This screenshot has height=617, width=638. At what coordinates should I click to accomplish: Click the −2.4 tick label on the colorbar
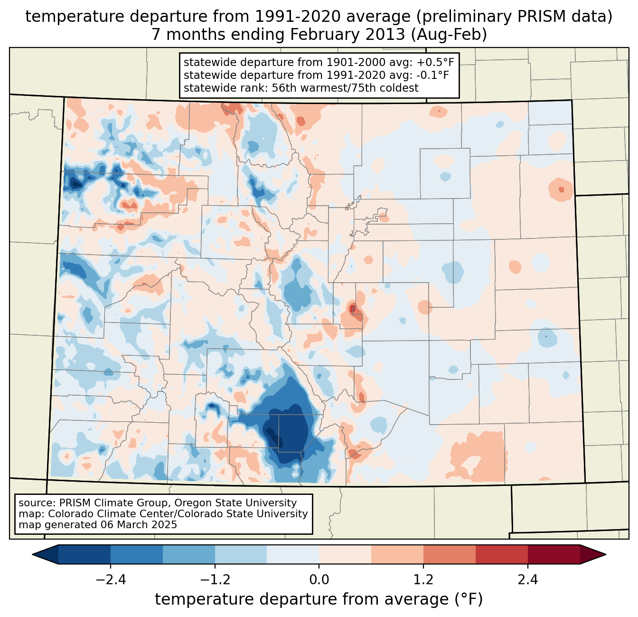coord(111,580)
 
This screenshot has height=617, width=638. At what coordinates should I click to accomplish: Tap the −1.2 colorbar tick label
coord(215,580)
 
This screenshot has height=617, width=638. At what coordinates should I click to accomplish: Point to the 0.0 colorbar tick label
coord(319,580)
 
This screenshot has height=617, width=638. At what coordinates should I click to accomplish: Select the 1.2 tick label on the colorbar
coord(423,580)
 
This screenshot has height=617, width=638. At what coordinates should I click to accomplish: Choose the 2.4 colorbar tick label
coord(528,580)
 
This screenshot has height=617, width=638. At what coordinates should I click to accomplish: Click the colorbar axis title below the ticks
coord(319,599)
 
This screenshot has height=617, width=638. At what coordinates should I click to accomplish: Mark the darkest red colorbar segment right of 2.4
coord(554,554)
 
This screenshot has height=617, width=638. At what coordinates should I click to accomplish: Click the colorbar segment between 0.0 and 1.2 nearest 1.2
coord(397,554)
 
